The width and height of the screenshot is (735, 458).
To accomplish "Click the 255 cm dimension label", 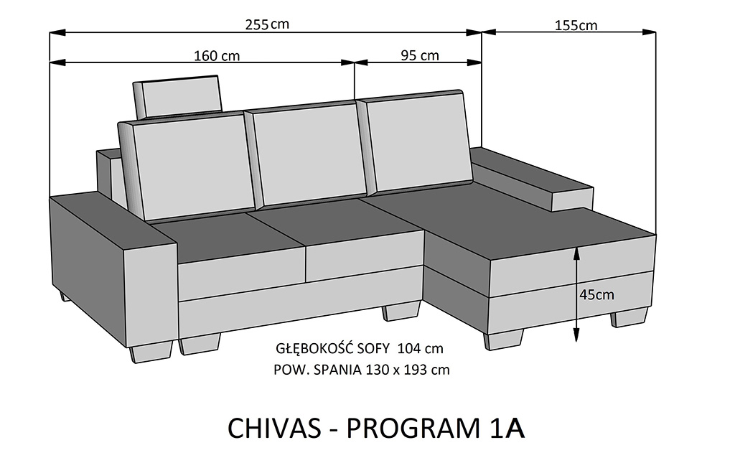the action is [x=267, y=24].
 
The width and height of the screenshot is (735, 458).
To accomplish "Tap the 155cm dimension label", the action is [x=576, y=25].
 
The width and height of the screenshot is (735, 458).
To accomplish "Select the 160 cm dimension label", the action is [x=217, y=56].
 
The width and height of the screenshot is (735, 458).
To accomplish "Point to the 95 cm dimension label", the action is [x=420, y=55].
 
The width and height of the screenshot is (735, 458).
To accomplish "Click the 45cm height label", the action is [x=596, y=295].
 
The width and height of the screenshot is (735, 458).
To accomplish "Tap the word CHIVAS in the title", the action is [x=274, y=428].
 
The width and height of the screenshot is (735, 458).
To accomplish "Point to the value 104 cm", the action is [x=420, y=349].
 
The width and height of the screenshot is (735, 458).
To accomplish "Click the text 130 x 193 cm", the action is [x=407, y=370].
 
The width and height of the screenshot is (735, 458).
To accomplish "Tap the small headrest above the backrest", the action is [x=177, y=97].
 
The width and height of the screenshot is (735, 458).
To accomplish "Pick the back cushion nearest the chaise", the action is [x=416, y=142].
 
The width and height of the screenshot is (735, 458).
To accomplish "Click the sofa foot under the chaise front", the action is [x=503, y=339].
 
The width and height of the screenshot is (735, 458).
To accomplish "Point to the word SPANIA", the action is [x=337, y=370].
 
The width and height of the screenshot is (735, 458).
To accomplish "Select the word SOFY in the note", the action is [x=373, y=349].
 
